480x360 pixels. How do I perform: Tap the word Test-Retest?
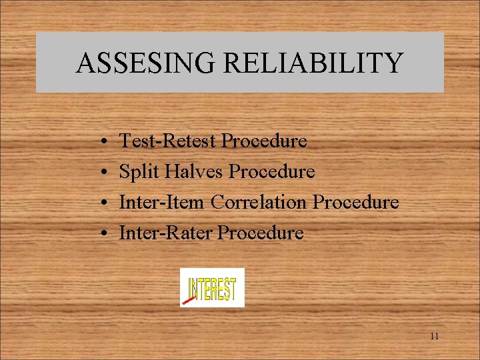click(x=167, y=141)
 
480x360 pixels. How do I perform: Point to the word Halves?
click(x=193, y=172)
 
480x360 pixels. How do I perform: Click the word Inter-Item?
click(x=162, y=203)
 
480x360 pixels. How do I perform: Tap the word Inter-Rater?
click(x=165, y=233)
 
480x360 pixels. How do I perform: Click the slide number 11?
click(x=434, y=337)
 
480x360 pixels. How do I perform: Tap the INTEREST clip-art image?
click(x=213, y=288)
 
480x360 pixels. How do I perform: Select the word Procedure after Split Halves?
click(x=271, y=172)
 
